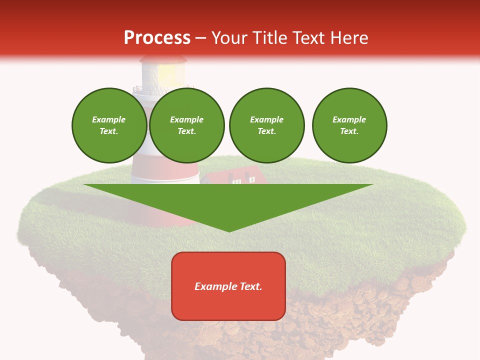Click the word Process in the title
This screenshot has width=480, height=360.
coord(157,38)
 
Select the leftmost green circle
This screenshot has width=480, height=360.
coord(109,125)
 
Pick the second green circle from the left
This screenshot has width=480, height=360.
coord(187,125)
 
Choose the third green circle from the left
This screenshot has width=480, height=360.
coord(267,125)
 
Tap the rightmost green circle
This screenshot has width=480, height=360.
coord(349,125)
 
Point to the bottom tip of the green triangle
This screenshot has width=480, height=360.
coord(229,230)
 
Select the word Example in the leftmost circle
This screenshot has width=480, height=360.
coord(109,120)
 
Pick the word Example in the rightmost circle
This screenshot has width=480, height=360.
coord(349,120)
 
